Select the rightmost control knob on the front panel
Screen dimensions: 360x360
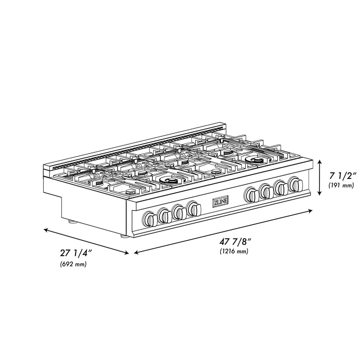pos(295,184)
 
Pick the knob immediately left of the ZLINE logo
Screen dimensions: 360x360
pos(194,208)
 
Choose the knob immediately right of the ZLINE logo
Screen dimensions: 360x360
pos(252,194)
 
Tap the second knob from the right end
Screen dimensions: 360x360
pos(281,188)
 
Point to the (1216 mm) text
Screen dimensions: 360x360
pos(233,251)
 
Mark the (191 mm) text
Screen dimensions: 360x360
pos(340,185)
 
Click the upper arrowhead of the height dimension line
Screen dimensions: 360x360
pos(319,161)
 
